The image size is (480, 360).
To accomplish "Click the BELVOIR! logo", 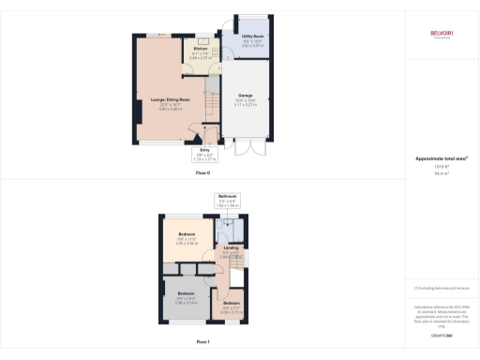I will click(x=442, y=36).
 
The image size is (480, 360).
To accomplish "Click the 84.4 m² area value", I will click(x=441, y=173).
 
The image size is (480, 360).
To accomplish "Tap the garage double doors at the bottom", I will click(x=245, y=148).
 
